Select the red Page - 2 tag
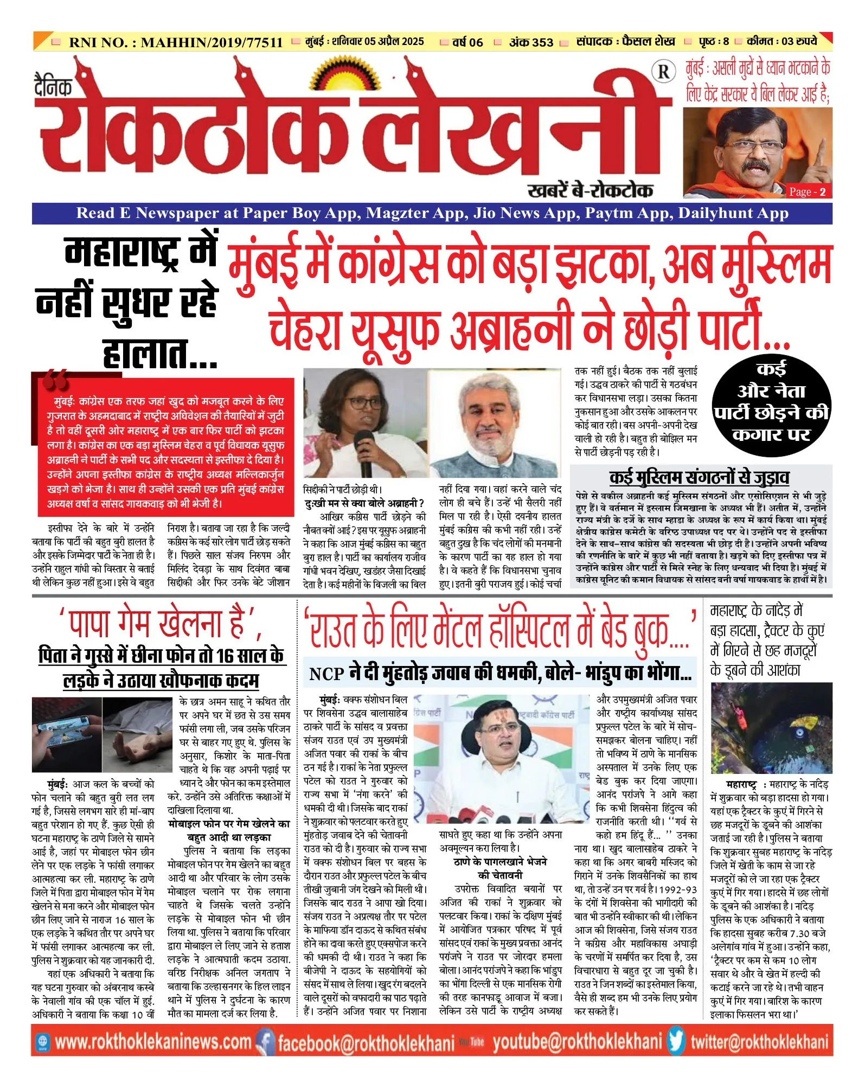click(x=808, y=191)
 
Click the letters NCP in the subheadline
click(x=326, y=674)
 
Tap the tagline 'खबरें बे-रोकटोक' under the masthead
click(x=590, y=190)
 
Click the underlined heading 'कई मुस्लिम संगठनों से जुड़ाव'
click(x=699, y=478)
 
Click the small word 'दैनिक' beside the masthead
click(x=53, y=87)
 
